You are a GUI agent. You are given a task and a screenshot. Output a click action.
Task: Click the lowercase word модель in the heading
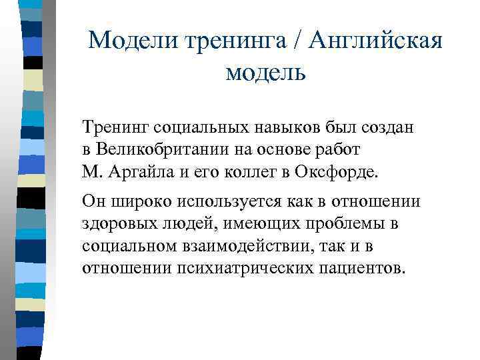click(265, 71)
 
